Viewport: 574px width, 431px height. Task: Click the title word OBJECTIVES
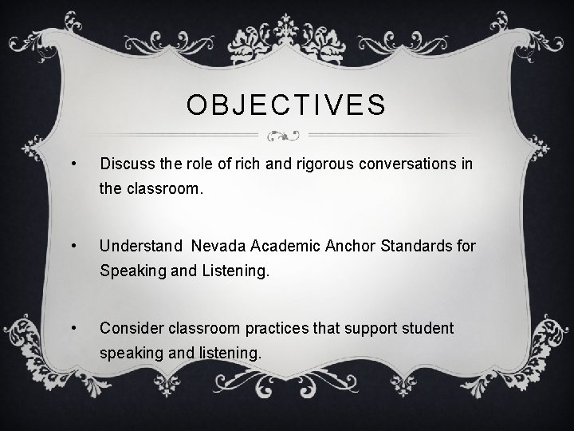(286, 105)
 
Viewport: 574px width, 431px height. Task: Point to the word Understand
(140, 245)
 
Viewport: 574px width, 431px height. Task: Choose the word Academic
(284, 245)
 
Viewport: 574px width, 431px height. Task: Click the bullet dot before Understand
(74, 246)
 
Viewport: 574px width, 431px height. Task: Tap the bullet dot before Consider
(74, 327)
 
